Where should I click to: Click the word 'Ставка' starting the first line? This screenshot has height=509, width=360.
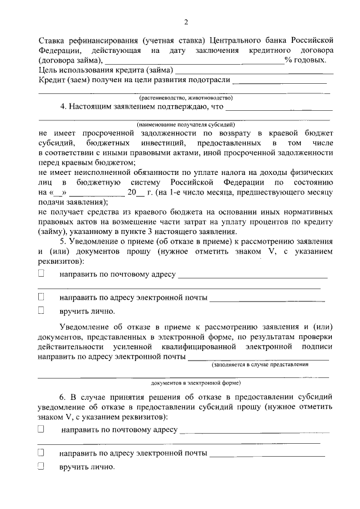[52, 40]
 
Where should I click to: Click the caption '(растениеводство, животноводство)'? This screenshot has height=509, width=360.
[183, 97]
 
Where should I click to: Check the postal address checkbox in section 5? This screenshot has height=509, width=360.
[41, 274]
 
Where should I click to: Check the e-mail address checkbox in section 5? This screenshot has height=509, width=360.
[41, 296]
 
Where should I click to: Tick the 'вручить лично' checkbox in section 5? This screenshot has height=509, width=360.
[41, 310]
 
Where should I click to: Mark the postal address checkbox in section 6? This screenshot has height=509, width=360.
[41, 429]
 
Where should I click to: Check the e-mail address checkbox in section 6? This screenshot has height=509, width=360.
[41, 452]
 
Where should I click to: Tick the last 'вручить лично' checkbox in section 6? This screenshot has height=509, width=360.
[41, 466]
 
